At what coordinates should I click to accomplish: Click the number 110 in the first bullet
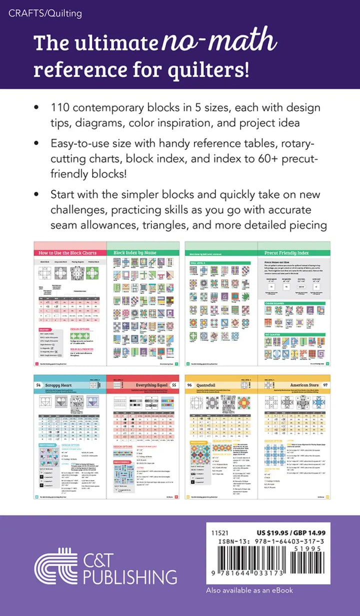60,108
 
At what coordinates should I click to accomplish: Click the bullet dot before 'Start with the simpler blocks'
36,193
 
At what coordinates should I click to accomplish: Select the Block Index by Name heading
135,253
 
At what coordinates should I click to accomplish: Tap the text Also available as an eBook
249,590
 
